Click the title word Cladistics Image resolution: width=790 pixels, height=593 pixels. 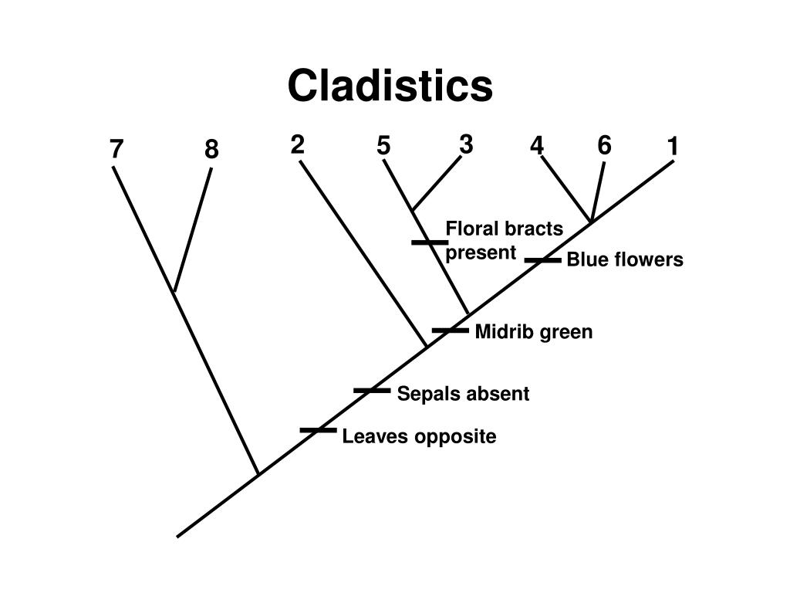(390, 85)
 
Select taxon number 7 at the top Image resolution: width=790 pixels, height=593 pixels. (116, 149)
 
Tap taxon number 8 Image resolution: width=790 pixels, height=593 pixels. (211, 149)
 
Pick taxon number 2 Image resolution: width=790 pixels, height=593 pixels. (298, 144)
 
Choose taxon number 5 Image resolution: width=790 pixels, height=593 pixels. (383, 145)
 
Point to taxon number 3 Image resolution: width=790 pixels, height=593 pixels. (465, 144)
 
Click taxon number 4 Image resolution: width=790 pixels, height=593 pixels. (537, 145)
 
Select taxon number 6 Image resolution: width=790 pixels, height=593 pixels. (604, 145)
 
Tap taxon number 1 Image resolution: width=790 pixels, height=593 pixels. (674, 145)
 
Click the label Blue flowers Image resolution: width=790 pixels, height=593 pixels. (625, 260)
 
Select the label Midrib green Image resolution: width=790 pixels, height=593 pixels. (534, 332)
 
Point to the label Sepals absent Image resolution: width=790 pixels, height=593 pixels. (463, 394)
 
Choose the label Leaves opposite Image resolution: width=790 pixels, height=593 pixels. (419, 437)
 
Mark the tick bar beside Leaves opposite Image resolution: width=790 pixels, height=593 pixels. (319, 430)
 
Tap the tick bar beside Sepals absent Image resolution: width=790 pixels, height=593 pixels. (372, 391)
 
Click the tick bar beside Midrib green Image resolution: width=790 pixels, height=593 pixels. (451, 330)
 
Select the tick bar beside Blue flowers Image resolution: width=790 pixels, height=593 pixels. (542, 260)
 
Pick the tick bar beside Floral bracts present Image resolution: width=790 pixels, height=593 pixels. (429, 242)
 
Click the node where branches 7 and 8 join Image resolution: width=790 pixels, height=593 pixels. (174, 293)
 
